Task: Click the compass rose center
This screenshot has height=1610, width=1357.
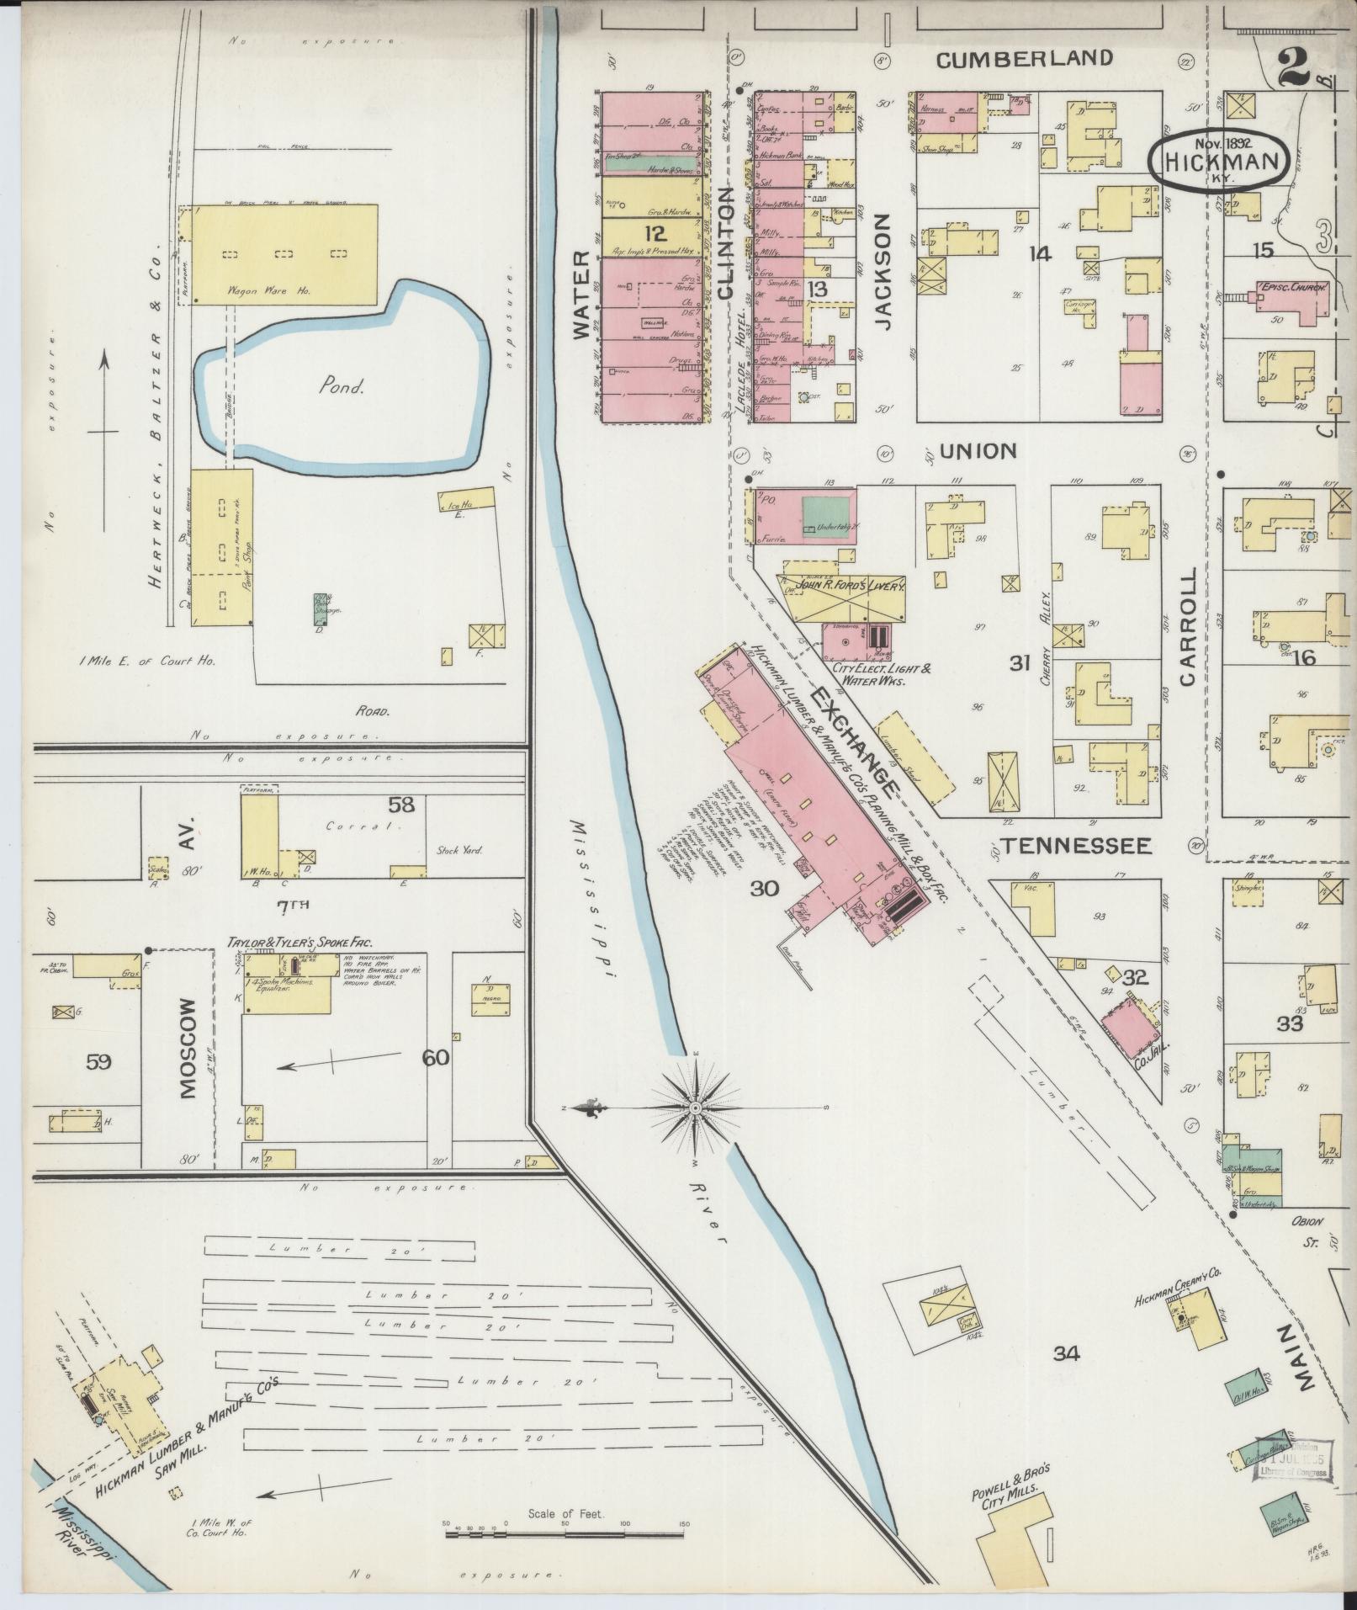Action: click(x=697, y=1108)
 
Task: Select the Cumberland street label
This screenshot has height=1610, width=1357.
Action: click(x=1024, y=58)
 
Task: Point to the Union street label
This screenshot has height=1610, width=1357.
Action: click(x=978, y=451)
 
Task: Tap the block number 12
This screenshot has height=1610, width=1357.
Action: click(x=654, y=233)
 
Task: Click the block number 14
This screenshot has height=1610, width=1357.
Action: click(x=1041, y=252)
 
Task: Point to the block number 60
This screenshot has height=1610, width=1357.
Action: click(x=436, y=1057)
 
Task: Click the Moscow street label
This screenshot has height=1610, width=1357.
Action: click(x=186, y=1049)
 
